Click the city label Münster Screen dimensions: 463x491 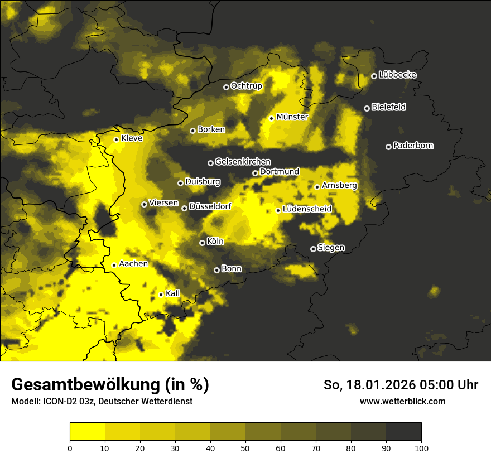[292, 117]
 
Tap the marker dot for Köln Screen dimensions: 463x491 [202, 243]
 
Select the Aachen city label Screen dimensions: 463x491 [133, 264]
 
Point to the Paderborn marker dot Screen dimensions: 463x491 [388, 147]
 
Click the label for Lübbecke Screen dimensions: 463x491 [397, 75]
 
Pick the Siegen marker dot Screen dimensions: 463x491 [313, 249]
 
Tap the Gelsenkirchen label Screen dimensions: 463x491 [243, 162]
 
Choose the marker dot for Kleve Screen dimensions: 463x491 [116, 139]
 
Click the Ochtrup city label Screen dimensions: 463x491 [246, 86]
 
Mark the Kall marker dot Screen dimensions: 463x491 [161, 295]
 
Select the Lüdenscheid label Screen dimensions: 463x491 [307, 209]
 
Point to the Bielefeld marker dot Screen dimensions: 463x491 [367, 108]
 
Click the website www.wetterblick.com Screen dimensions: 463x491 [402, 401]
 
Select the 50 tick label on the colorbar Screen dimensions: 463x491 [245, 447]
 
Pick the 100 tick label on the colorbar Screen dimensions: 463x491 [421, 447]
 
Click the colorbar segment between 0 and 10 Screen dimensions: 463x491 [88, 432]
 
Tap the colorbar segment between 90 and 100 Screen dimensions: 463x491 [403, 432]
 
